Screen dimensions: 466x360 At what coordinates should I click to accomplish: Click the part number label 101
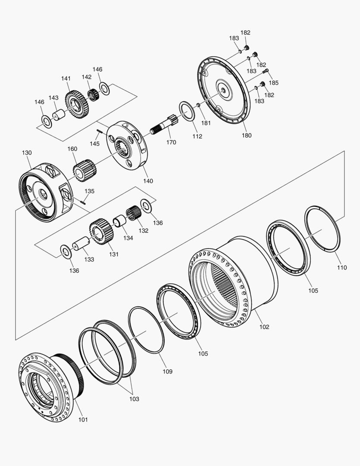point(83,419)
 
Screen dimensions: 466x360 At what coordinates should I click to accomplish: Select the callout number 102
point(264,327)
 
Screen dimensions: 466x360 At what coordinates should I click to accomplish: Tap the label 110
point(341,268)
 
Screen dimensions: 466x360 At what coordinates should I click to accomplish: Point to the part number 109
point(167,371)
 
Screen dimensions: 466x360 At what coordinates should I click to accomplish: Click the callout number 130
point(27,153)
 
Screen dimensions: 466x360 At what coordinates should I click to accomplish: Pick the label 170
point(171,142)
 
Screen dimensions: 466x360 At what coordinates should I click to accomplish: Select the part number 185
point(273,82)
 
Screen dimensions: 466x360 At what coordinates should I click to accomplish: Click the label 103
point(134,399)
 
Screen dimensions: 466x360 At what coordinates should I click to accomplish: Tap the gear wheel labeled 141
point(77,102)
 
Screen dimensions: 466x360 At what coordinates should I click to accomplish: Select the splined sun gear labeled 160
point(84,170)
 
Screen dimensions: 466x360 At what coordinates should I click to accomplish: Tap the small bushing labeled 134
point(119,222)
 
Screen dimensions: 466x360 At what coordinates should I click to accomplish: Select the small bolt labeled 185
point(266,71)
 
